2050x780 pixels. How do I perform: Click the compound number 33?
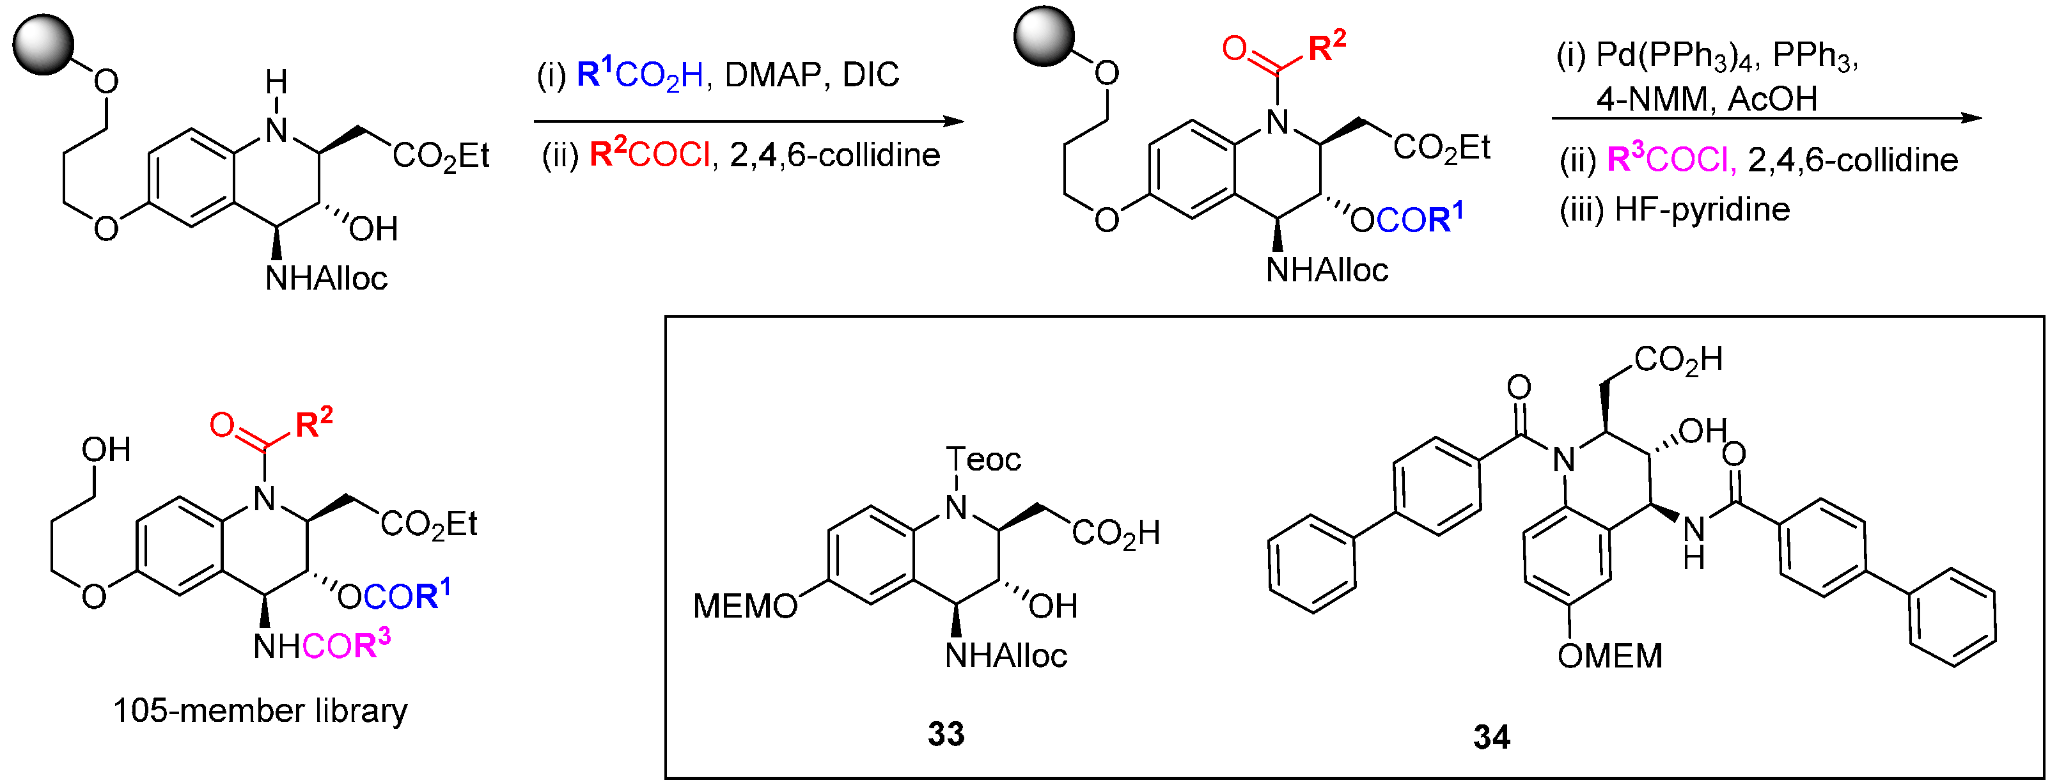point(946,734)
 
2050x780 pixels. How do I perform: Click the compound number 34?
point(1491,737)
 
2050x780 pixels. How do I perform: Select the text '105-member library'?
point(260,710)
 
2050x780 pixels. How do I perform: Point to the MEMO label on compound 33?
point(745,607)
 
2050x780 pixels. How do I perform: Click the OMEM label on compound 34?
point(1610,657)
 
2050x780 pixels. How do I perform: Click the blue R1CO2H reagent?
point(640,75)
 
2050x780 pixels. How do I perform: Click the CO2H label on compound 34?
point(1678,360)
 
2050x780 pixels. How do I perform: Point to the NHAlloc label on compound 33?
point(1006,656)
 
